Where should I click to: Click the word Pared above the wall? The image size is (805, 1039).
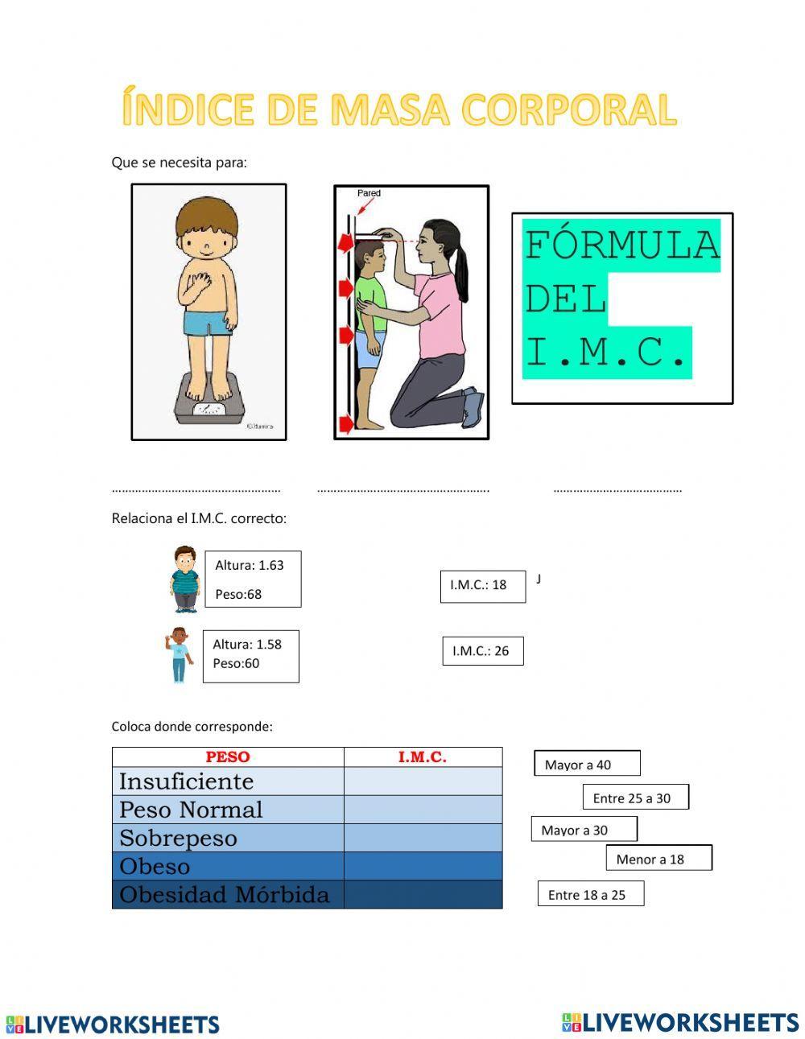(369, 193)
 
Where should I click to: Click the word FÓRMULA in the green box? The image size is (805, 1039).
(621, 245)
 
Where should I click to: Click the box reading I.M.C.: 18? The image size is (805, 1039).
(482, 586)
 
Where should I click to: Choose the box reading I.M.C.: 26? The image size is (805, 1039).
(482, 651)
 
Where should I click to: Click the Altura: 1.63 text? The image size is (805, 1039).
(250, 565)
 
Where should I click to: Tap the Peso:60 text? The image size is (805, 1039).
(236, 664)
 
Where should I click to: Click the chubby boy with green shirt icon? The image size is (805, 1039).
(184, 579)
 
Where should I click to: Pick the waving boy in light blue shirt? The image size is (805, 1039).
(178, 655)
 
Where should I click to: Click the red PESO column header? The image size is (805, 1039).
(228, 757)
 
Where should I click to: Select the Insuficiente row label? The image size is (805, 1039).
(186, 781)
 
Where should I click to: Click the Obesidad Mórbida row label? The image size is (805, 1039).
(225, 895)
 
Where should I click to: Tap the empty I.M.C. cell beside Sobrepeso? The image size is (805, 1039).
(423, 838)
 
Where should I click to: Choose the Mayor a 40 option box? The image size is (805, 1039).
(587, 764)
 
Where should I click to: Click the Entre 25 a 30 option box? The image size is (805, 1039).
(635, 798)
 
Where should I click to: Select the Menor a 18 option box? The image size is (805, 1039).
(658, 859)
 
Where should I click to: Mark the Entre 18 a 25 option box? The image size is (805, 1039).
(590, 894)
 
